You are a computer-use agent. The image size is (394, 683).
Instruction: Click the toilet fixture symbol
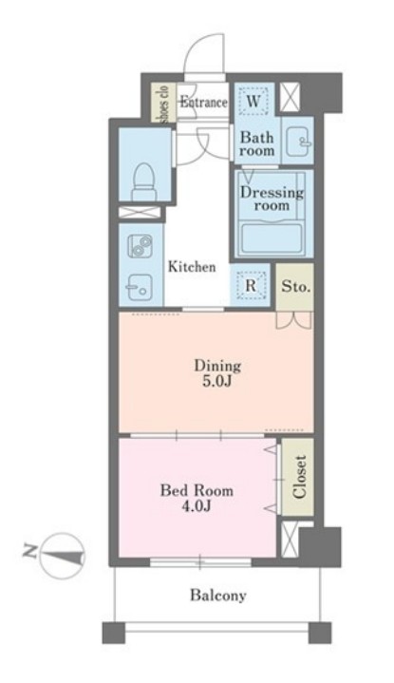click(x=144, y=181)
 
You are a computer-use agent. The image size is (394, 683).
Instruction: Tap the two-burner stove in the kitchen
click(x=140, y=246)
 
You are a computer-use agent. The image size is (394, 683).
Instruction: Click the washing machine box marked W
click(x=253, y=103)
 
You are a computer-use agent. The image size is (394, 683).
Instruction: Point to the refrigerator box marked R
click(x=251, y=286)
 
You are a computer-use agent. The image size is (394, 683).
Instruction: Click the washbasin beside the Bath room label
click(x=299, y=141)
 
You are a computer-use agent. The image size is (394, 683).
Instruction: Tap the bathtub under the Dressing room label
click(x=272, y=238)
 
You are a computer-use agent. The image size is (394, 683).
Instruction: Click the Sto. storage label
click(x=295, y=287)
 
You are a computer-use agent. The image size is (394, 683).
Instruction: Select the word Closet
click(x=299, y=477)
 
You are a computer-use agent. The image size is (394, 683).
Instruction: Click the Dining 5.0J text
click(x=217, y=373)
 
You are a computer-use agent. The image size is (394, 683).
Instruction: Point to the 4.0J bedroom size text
click(x=197, y=506)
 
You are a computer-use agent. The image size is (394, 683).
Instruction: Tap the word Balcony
click(x=218, y=595)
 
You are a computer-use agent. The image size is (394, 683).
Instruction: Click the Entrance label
click(x=204, y=103)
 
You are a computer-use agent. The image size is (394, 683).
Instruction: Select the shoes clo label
click(x=163, y=103)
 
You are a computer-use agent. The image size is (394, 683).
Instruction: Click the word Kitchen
click(x=192, y=266)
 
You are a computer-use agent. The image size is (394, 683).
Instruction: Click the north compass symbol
click(x=62, y=556)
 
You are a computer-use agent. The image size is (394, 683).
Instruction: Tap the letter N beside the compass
click(x=29, y=552)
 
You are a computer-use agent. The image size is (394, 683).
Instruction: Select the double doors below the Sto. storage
click(x=294, y=320)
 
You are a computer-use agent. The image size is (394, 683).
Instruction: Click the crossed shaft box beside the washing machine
click(x=290, y=97)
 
